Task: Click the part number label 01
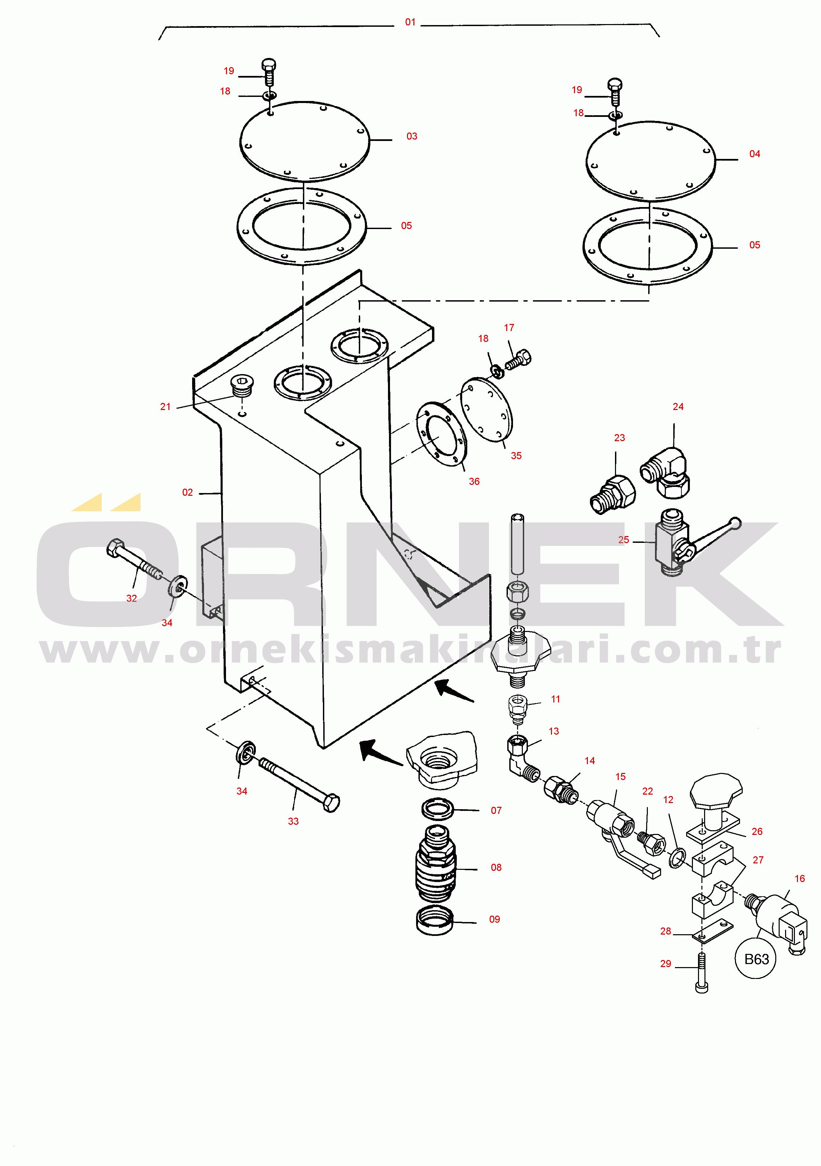pos(410,22)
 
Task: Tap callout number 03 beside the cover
pos(412,136)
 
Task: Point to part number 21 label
pos(165,406)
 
